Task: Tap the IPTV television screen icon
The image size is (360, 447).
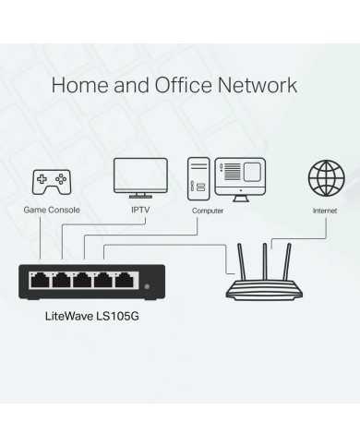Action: (x=140, y=175)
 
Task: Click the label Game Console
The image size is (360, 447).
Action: (x=52, y=211)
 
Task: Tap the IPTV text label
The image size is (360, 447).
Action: (x=140, y=211)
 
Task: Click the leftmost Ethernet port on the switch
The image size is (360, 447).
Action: (x=41, y=280)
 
